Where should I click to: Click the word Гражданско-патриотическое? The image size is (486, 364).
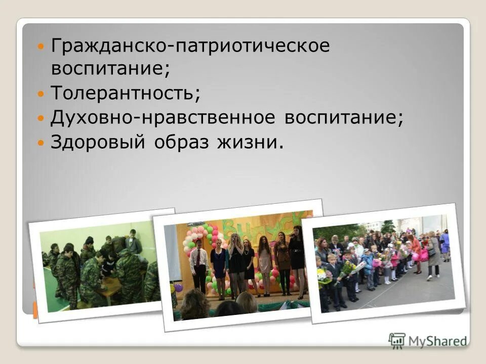[x=190, y=47]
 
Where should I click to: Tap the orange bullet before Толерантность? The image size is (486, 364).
[x=42, y=94]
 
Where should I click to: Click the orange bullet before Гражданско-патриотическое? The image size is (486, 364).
[x=42, y=47]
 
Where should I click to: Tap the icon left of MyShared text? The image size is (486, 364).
[x=397, y=340]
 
